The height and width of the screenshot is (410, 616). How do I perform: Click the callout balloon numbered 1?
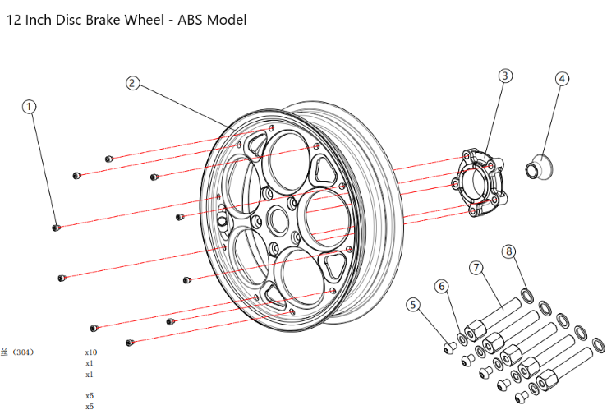(30, 107)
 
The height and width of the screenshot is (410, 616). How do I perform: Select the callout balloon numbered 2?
(134, 83)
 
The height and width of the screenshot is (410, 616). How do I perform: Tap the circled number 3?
(505, 76)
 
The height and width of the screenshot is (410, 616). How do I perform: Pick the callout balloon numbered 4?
(562, 79)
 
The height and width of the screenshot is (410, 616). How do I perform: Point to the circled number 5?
(414, 305)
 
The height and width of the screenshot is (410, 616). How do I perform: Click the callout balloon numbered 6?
(442, 286)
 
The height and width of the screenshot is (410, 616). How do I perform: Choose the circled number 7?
(476, 268)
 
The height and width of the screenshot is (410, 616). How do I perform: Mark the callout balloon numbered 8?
(509, 251)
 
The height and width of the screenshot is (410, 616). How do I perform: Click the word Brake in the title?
(98, 19)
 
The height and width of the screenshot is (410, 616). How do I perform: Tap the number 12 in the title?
(14, 19)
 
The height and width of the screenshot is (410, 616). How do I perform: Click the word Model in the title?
(228, 19)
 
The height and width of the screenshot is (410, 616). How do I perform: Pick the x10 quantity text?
(90, 352)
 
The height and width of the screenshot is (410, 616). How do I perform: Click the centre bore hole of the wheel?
(277, 220)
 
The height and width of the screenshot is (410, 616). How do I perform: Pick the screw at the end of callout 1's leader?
(56, 228)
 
